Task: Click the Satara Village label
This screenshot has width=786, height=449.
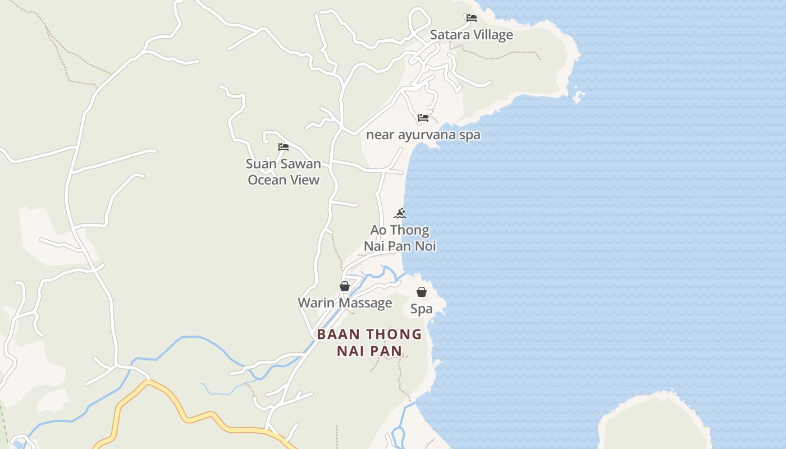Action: (x=471, y=35)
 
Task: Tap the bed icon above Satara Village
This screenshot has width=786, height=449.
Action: (x=472, y=18)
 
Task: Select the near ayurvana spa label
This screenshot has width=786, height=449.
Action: (x=423, y=135)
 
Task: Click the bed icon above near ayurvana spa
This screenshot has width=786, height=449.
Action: (x=423, y=118)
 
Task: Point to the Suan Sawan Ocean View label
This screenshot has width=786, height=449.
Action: (x=284, y=172)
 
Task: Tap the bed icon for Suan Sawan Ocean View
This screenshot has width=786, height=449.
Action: (x=284, y=147)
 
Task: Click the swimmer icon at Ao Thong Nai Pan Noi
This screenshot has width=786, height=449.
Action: (x=400, y=213)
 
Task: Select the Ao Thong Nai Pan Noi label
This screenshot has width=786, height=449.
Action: (x=400, y=238)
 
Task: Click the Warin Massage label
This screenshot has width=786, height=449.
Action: (x=345, y=303)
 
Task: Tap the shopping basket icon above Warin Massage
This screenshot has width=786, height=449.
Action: (x=345, y=286)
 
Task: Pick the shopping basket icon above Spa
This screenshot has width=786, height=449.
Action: (x=422, y=292)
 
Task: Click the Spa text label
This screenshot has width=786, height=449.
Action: (x=422, y=309)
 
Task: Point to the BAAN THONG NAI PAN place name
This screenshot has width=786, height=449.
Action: (x=369, y=342)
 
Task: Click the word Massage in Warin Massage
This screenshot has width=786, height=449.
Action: (x=365, y=303)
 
